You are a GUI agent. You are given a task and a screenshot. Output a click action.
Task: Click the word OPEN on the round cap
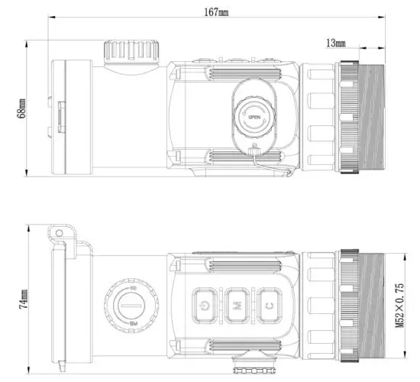254,116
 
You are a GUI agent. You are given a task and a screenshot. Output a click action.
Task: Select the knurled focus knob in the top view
128,51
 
